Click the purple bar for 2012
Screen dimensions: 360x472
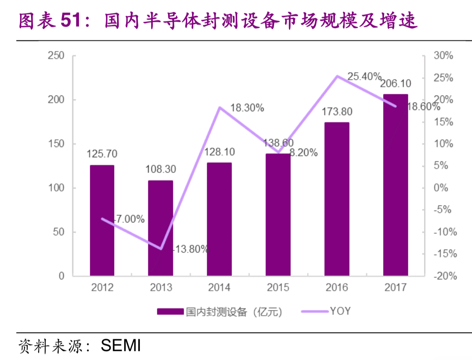[102, 220]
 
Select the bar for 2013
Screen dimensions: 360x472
[161, 228]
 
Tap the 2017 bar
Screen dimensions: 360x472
[395, 185]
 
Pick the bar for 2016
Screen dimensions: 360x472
[337, 199]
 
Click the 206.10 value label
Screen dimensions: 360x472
[395, 84]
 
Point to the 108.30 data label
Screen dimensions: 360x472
[161, 170]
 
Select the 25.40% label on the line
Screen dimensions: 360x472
[365, 76]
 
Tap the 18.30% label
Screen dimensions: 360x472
[247, 108]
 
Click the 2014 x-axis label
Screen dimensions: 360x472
[219, 288]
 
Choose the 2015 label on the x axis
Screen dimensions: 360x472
[278, 288]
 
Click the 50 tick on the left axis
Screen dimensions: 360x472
[58, 232]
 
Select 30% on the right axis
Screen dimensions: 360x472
[443, 56]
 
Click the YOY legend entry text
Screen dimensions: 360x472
[340, 311]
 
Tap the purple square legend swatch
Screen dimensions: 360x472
[170, 312]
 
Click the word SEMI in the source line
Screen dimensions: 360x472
[121, 346]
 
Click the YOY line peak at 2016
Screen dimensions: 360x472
[337, 76]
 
